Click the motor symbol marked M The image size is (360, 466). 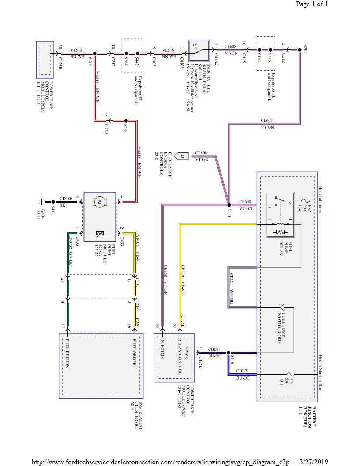(100, 203)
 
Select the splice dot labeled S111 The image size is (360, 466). (229, 205)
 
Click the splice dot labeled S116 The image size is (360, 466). (229, 353)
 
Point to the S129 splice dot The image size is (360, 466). (95, 53)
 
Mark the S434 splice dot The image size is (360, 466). (126, 120)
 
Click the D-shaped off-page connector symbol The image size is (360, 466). (182, 155)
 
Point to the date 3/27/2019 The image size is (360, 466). (314, 461)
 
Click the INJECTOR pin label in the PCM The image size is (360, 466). (162, 349)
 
